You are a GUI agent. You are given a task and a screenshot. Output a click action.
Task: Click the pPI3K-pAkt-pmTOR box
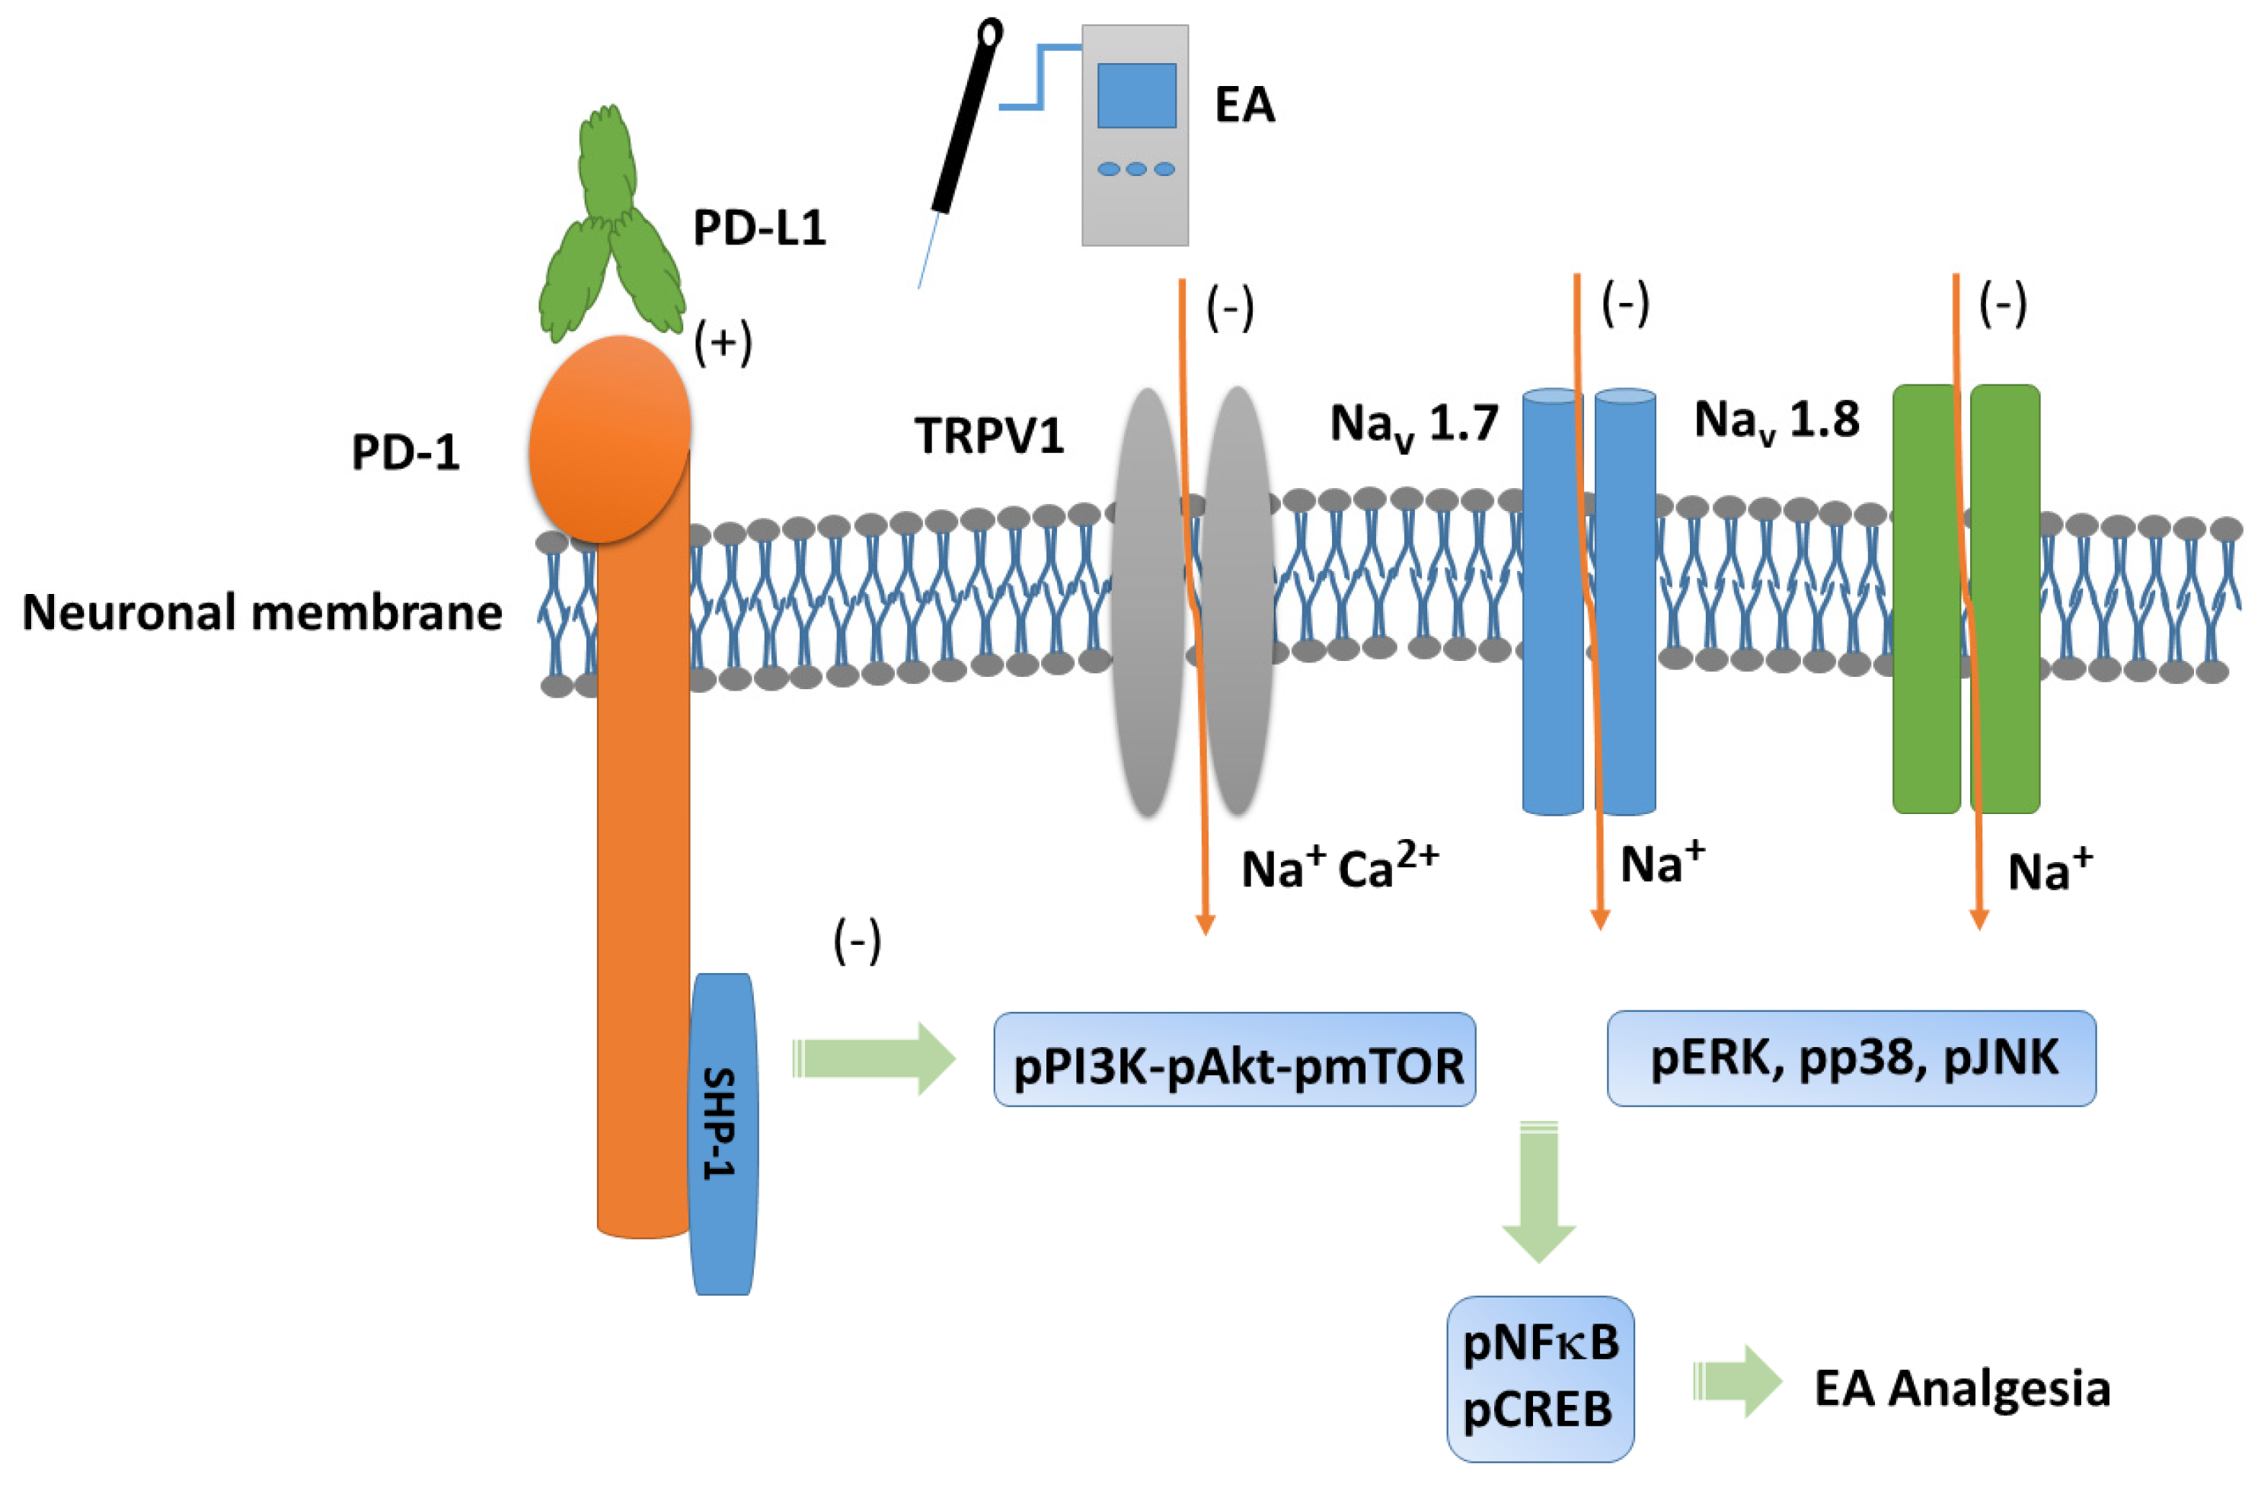(x=1234, y=1059)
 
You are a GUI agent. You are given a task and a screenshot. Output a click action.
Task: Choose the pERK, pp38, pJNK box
(x=1850, y=1058)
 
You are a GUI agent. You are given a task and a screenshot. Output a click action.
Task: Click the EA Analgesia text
(x=1961, y=1389)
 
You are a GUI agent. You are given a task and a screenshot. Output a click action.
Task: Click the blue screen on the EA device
(x=1136, y=95)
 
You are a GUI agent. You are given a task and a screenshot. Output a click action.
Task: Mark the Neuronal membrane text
(x=261, y=612)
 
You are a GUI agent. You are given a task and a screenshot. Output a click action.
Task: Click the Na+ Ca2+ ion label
(x=1339, y=867)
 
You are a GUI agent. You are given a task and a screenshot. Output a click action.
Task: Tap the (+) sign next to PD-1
(x=723, y=343)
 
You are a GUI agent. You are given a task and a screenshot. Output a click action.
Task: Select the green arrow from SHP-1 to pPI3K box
(x=873, y=1059)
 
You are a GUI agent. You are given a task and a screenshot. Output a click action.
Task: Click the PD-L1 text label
(x=759, y=228)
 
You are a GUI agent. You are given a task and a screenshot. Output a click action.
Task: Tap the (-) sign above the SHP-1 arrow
(x=857, y=941)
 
